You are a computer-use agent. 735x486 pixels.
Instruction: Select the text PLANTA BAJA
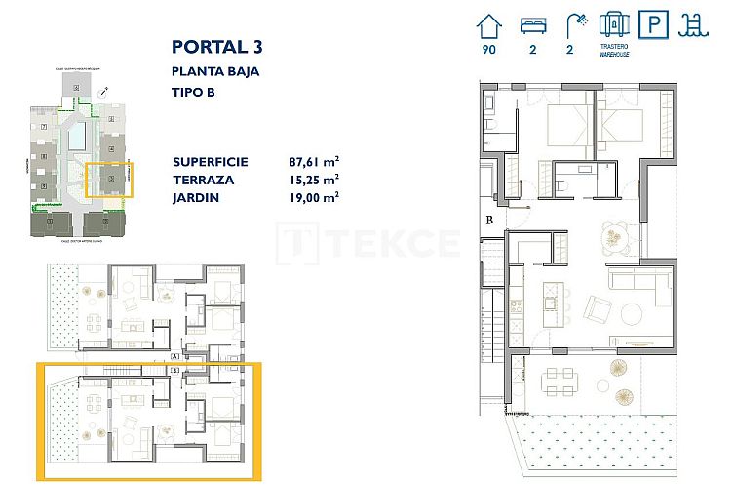[215, 70]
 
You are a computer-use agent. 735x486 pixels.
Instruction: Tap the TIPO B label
[193, 93]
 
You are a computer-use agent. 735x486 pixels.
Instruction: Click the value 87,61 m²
[314, 162]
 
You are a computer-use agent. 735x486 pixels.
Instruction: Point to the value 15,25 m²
[314, 180]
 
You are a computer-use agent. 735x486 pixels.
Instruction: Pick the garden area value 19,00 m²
[314, 197]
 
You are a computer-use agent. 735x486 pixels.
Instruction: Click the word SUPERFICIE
[210, 162]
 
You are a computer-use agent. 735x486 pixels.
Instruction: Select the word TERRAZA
[203, 180]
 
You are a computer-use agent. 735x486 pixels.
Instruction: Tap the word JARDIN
[195, 197]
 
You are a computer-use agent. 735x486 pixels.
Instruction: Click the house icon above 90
[488, 23]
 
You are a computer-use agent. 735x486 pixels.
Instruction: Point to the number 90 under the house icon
[488, 49]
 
